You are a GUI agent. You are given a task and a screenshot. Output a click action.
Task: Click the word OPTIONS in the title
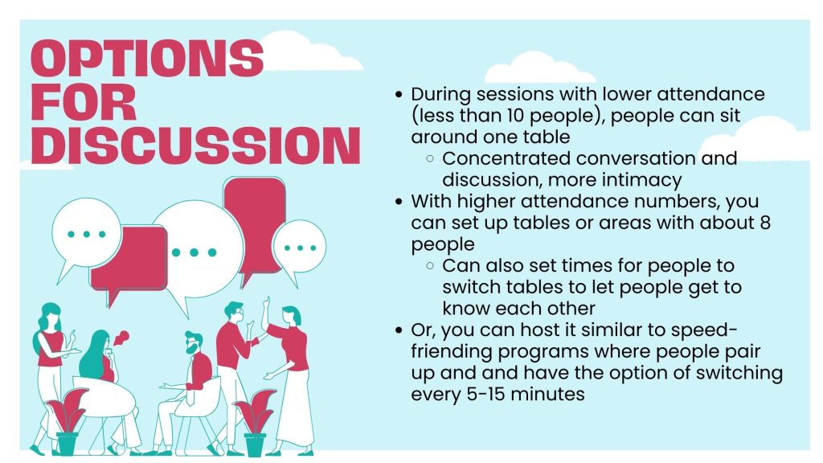[x=147, y=58]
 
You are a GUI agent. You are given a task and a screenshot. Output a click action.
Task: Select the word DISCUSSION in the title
[x=196, y=145]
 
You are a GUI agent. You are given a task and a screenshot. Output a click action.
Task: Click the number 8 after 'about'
[x=765, y=222]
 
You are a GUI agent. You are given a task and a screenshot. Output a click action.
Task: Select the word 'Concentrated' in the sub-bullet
[x=506, y=158]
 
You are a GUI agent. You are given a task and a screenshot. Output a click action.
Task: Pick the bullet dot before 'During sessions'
[x=399, y=95]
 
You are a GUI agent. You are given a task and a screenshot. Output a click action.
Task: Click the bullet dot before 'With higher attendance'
[x=399, y=202]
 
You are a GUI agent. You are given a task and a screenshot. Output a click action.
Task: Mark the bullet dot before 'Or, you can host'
[x=399, y=330]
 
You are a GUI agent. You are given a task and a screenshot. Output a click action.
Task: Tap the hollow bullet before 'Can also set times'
[x=431, y=265]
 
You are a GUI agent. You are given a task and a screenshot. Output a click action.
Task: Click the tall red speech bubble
[x=254, y=226]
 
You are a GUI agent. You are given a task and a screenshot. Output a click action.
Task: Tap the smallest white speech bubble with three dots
[x=299, y=247]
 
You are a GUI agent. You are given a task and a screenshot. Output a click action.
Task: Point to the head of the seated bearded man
[x=194, y=343]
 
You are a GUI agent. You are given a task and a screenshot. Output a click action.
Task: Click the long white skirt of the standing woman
[x=295, y=408]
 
